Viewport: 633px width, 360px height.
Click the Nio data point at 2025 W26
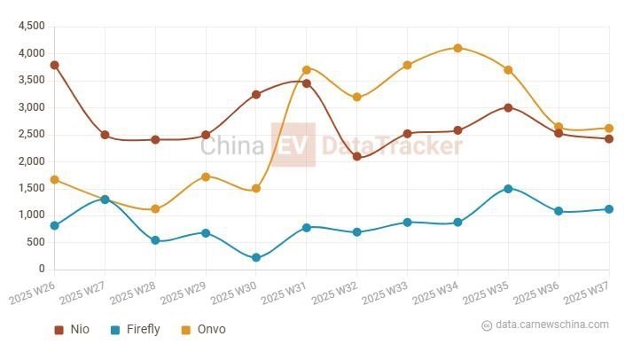click(55, 65)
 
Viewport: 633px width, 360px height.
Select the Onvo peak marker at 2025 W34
click(457, 48)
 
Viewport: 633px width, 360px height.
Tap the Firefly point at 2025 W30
click(256, 257)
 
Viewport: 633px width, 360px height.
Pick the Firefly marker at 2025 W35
click(508, 188)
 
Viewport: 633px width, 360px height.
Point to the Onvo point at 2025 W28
click(155, 209)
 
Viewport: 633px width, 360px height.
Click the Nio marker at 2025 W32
click(356, 156)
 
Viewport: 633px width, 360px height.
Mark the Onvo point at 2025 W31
click(307, 69)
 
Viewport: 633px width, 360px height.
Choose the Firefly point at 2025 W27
click(105, 200)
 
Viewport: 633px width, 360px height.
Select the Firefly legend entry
click(135, 330)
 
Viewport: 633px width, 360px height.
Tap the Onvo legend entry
click(203, 330)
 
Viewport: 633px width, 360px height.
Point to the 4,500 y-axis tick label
click(31, 27)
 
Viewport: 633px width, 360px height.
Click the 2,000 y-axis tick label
click(31, 161)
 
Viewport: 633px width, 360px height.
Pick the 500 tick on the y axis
click(36, 242)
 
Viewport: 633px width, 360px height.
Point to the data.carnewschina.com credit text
click(551, 325)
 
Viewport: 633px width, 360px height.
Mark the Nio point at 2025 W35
click(508, 107)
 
